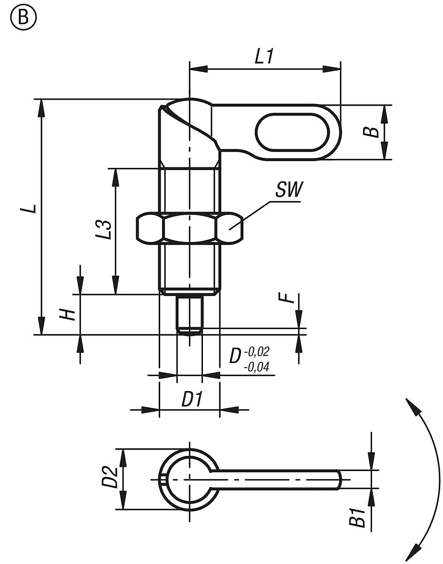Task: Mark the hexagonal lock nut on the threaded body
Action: (189, 229)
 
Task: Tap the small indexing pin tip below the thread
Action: (189, 315)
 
